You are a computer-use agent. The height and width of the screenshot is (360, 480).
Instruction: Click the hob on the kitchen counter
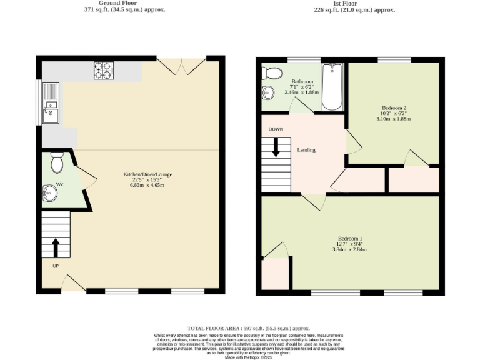point(103,71)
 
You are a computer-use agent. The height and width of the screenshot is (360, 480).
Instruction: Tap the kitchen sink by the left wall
point(50,103)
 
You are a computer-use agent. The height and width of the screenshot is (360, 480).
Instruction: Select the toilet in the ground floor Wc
point(57,161)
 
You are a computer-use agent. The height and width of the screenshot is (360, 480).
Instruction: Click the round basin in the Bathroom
point(268,93)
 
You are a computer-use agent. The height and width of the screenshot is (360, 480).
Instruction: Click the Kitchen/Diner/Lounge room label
point(147,174)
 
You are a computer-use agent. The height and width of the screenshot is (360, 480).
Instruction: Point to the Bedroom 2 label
point(394,107)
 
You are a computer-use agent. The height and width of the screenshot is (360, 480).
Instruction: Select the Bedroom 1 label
point(350,239)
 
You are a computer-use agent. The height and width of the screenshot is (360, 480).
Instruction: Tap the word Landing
point(306,150)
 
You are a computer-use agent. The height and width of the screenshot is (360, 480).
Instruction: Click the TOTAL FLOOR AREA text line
point(249,328)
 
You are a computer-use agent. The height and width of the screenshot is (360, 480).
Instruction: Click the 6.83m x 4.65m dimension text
point(147,186)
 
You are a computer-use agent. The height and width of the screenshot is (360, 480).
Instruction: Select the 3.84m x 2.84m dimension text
point(350,249)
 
